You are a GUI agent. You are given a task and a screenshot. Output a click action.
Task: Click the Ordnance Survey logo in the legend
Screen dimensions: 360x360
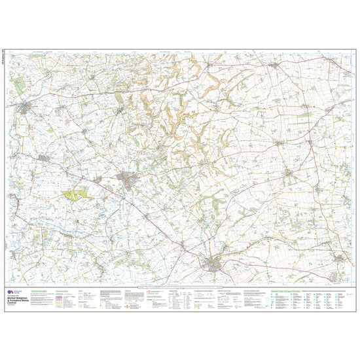[x=12, y=293]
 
